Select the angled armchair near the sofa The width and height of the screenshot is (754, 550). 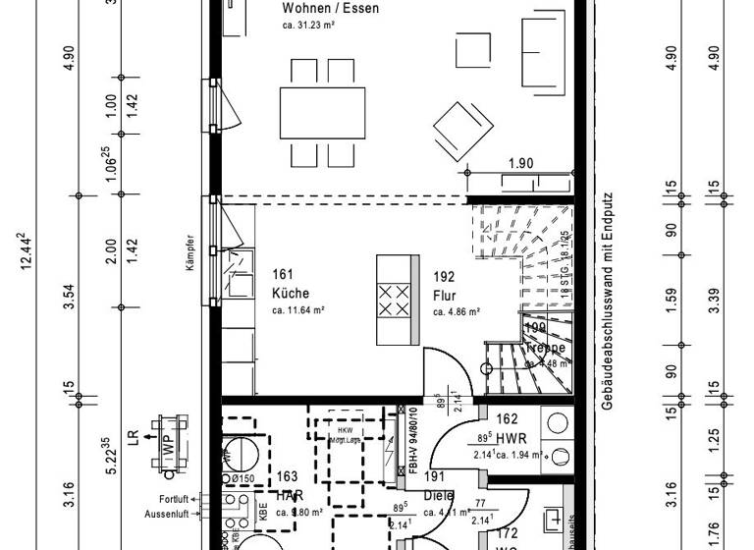(462, 129)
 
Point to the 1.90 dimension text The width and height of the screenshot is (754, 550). (520, 163)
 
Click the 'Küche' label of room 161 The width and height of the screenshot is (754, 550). (291, 293)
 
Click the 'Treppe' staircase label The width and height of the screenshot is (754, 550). (545, 349)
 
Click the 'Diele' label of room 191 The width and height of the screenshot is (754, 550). (438, 496)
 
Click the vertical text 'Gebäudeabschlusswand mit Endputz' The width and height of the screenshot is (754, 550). (608, 301)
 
